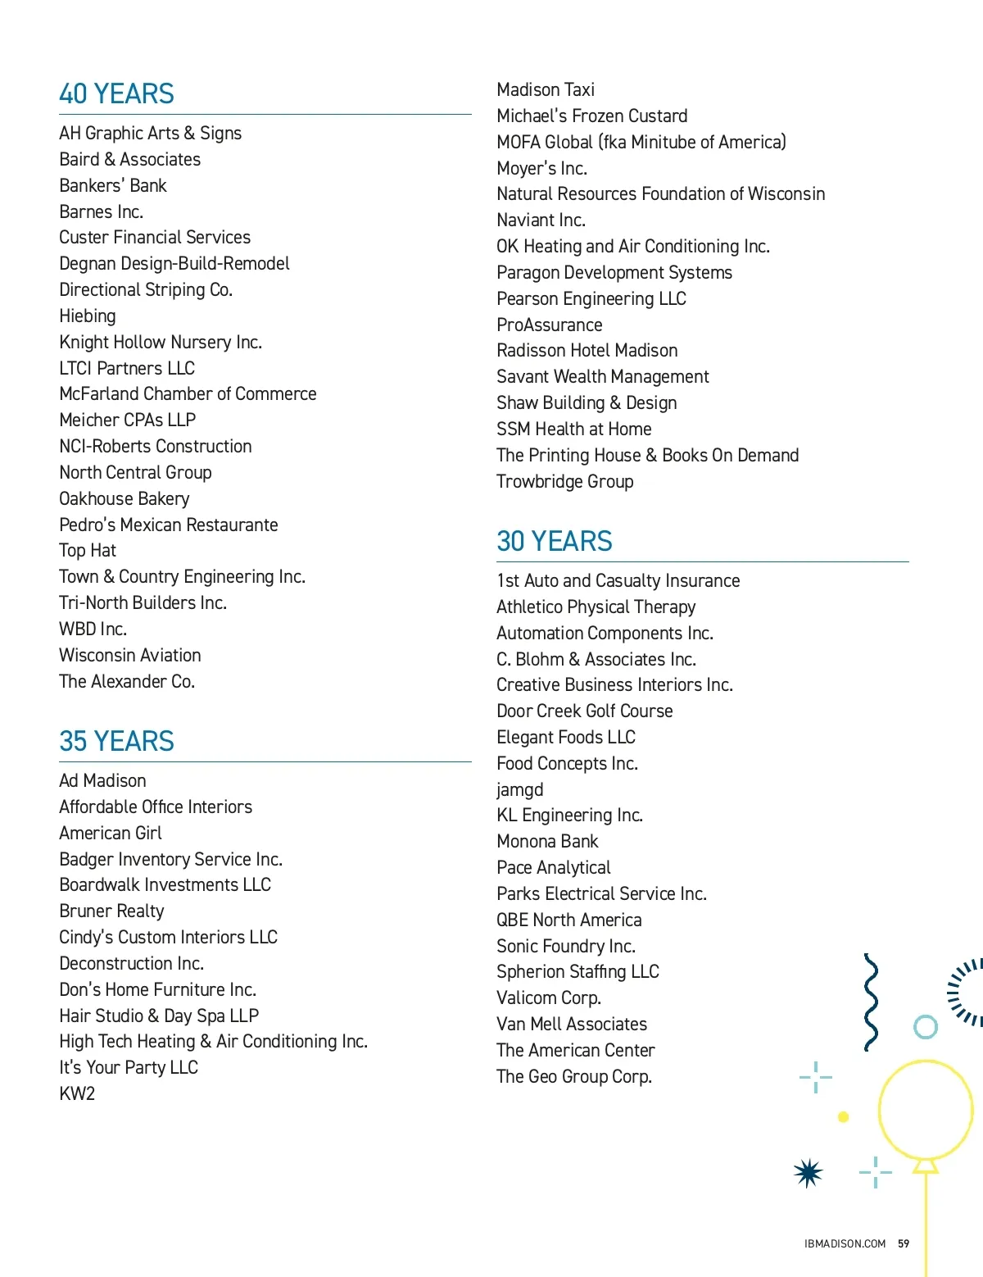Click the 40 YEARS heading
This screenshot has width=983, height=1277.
[116, 94]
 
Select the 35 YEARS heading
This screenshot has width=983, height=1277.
[116, 742]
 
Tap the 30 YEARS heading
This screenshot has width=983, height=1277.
[554, 542]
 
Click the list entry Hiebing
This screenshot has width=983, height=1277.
[88, 316]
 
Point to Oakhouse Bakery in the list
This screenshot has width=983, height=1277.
[124, 499]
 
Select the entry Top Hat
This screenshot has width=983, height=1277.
[88, 551]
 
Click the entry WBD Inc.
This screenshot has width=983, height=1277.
[93, 629]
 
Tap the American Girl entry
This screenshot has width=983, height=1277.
[111, 834]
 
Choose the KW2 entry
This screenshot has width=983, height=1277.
[77, 1094]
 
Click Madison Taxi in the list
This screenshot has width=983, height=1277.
[546, 90]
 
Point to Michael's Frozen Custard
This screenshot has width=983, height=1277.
[591, 116]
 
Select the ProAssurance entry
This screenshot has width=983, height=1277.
[549, 325]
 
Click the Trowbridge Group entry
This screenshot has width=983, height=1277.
[564, 482]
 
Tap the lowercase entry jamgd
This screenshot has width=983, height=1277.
[519, 790]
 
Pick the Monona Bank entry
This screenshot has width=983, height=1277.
[547, 842]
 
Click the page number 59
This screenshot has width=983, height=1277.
[904, 1243]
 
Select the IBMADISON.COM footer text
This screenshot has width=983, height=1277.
[845, 1243]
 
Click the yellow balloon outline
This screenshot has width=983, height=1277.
[926, 1111]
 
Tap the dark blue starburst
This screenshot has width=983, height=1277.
[808, 1173]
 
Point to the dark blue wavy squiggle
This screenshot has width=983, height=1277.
[871, 1002]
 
